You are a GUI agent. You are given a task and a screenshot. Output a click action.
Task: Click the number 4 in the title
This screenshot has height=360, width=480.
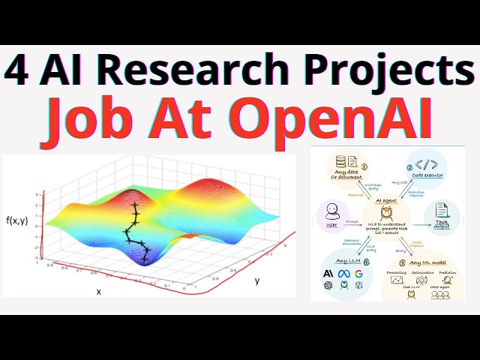16,72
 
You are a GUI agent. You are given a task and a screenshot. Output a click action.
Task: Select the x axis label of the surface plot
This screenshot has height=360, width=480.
98,290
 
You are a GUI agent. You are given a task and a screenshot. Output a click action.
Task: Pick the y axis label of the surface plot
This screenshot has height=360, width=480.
256,280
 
